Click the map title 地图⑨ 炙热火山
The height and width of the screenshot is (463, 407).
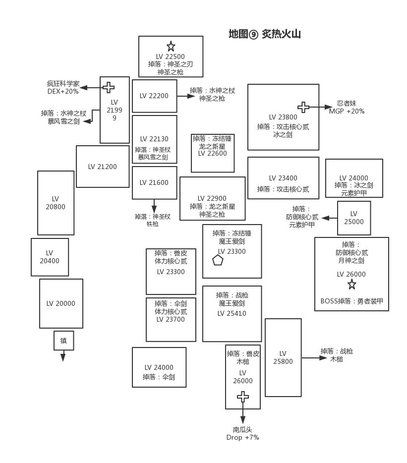tap(264, 34)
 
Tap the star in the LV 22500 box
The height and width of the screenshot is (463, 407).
tap(171, 47)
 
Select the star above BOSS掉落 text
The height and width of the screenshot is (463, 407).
tap(351, 284)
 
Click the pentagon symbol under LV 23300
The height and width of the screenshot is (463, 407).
tap(218, 260)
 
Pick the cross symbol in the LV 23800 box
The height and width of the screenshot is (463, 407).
tap(303, 107)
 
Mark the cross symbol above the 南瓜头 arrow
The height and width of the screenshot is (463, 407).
tap(242, 397)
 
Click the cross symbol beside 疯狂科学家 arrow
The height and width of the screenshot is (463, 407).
tap(108, 88)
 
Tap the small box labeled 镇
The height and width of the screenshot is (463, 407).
tap(63, 341)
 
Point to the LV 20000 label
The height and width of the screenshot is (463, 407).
tap(61, 303)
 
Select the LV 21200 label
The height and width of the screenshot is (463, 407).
tap(103, 167)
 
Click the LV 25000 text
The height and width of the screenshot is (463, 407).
tap(354, 218)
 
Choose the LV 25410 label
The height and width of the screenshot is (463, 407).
tap(232, 313)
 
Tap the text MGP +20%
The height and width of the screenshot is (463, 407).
tap(347, 111)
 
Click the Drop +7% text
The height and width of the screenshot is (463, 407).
tap(242, 437)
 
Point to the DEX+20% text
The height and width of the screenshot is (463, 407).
tap(63, 92)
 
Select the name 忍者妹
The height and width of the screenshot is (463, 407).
tap(347, 103)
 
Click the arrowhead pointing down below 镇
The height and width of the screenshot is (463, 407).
tap(63, 357)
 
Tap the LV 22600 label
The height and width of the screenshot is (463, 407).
tap(212, 153)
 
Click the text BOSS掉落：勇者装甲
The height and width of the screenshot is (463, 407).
tap(351, 301)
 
